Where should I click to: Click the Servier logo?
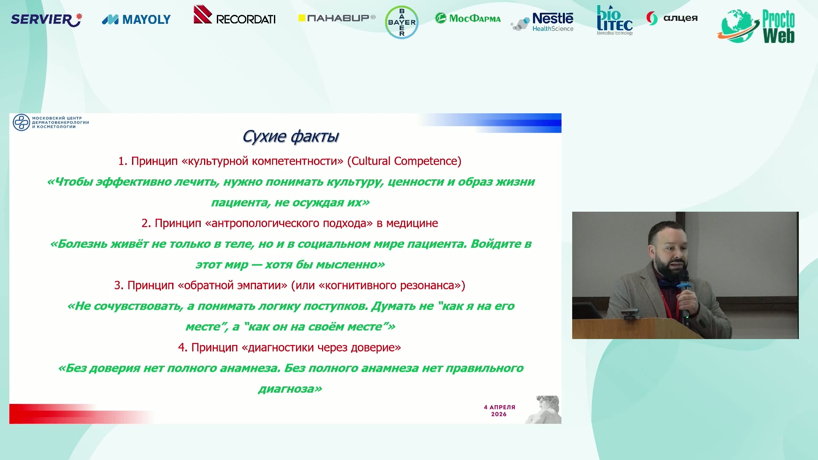point(46,20)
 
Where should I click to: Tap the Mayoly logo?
point(136,20)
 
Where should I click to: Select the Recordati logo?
point(235,15)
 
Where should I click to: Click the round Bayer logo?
point(402,22)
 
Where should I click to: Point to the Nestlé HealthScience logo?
point(542,22)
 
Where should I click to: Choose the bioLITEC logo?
point(615,20)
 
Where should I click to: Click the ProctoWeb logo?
point(756,26)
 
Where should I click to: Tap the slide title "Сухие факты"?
point(291,136)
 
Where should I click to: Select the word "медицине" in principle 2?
point(412,223)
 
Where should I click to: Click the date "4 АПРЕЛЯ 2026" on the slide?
point(499,411)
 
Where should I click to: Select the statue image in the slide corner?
point(543,409)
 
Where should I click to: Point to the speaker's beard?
point(669,265)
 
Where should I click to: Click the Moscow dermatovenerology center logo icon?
point(21,122)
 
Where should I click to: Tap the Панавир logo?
point(337,18)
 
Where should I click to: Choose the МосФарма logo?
point(468,18)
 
